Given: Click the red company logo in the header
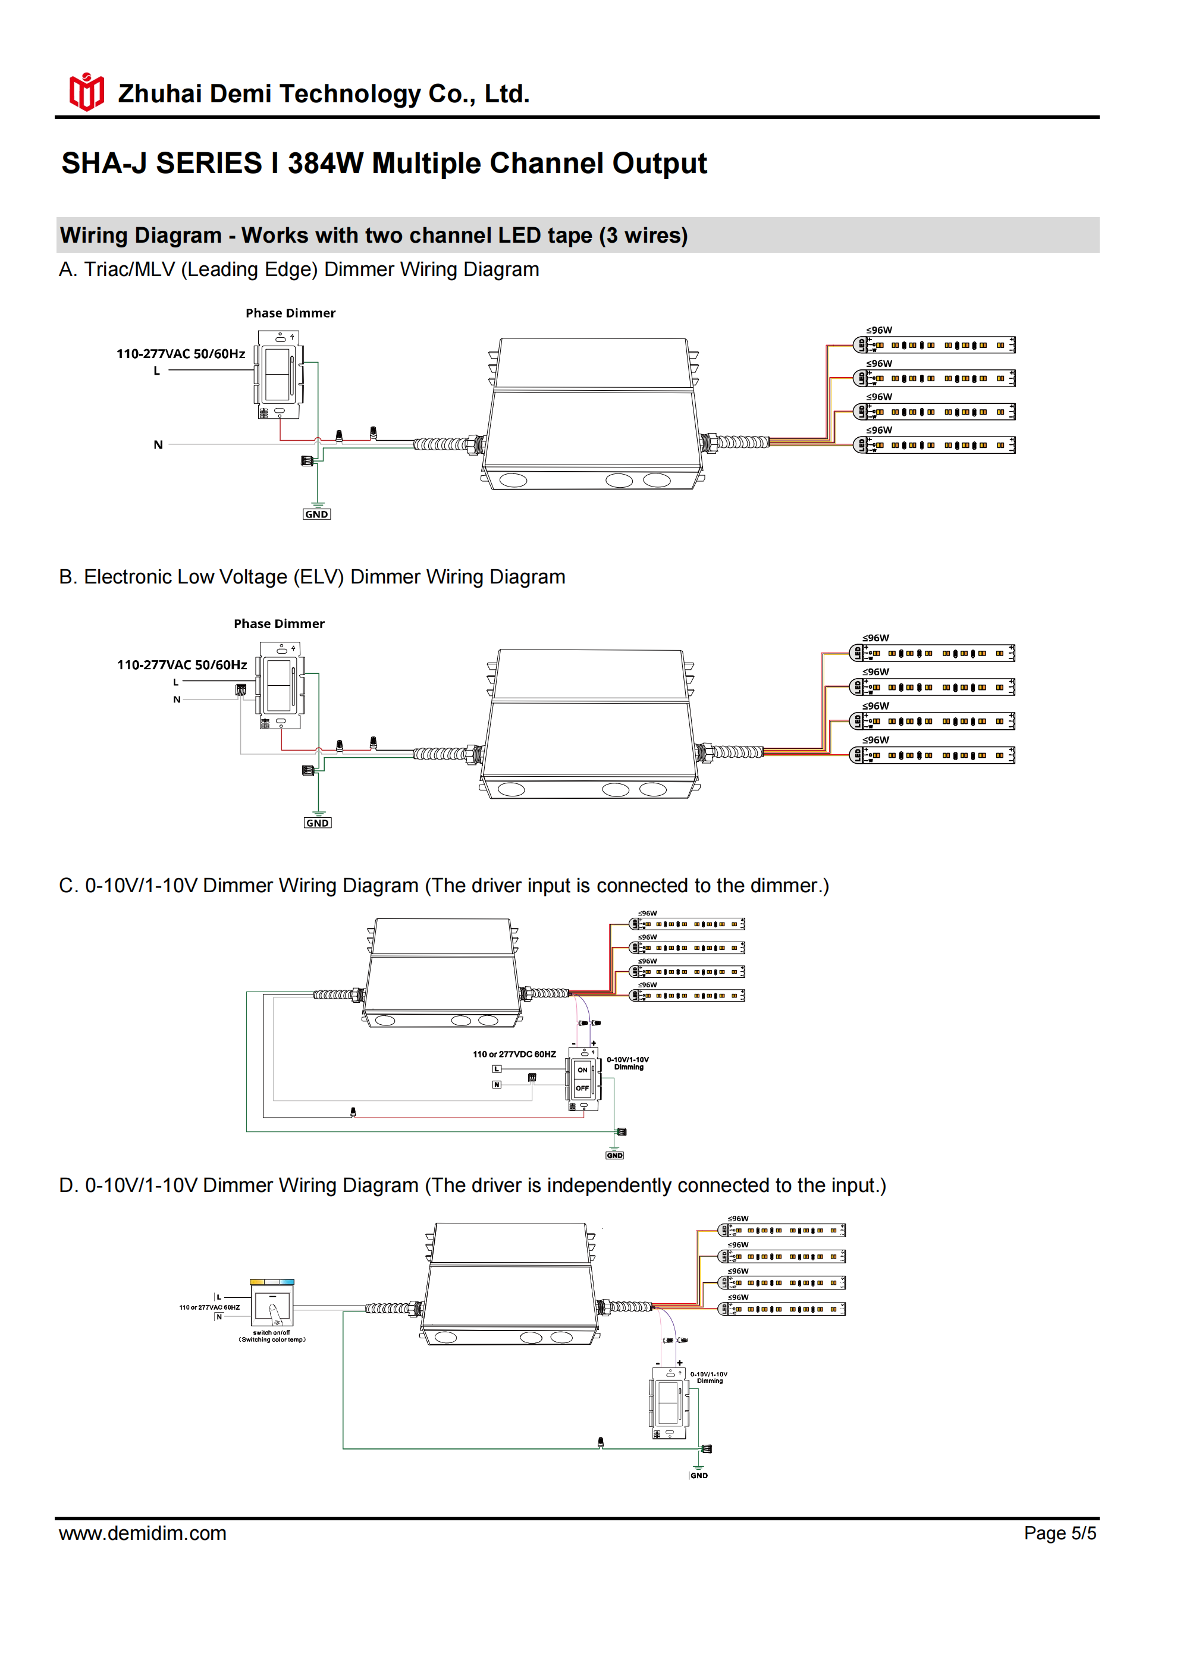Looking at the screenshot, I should point(86,92).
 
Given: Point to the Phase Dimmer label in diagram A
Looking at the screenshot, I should point(290,313).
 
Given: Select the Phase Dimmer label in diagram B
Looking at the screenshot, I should point(278,624).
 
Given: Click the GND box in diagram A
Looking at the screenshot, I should point(316,514).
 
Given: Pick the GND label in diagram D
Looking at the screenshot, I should point(699,1476).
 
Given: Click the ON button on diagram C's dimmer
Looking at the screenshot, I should point(582,1070).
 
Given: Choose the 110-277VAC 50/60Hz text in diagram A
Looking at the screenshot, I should point(180,354).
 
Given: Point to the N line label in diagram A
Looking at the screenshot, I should point(158,445).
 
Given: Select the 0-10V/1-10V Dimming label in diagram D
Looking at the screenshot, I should point(708,1378).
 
